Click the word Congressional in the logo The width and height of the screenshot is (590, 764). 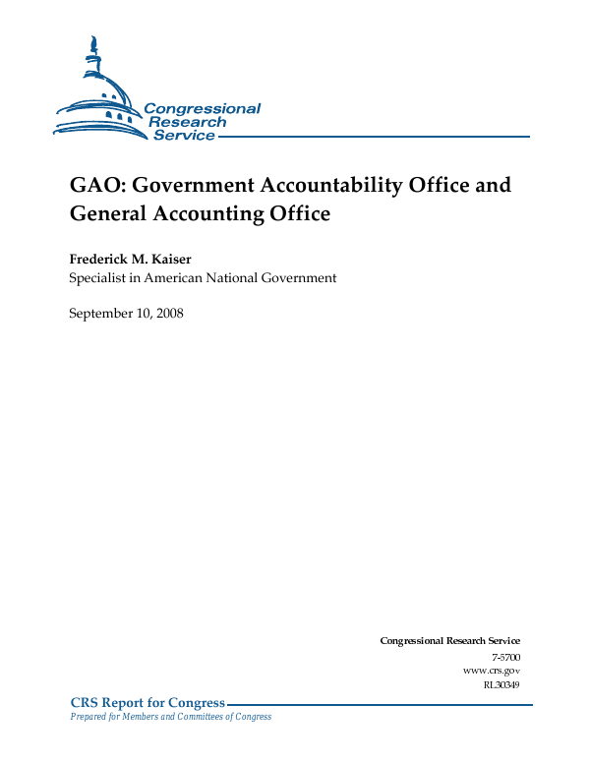coord(203,109)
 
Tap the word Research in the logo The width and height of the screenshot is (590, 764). coord(187,122)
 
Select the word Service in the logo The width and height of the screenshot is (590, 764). coord(184,136)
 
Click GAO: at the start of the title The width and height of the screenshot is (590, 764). coord(94,185)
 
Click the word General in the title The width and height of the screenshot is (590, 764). coord(111,212)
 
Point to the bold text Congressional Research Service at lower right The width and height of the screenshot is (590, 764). coord(449,641)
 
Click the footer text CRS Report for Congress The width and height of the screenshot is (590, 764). coord(147,702)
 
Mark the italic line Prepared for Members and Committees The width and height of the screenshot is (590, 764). coord(170,717)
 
